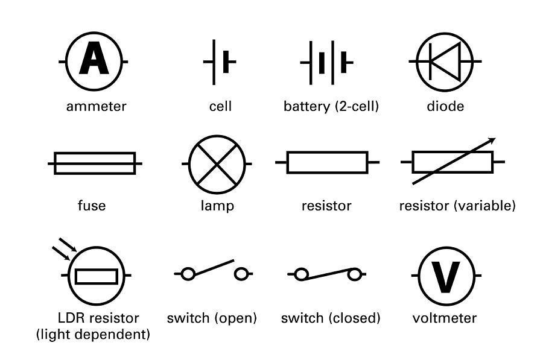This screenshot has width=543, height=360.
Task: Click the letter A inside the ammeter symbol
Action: [x=94, y=60]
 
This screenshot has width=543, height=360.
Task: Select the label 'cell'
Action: [x=220, y=107]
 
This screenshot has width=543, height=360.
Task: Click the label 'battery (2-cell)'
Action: [x=331, y=107]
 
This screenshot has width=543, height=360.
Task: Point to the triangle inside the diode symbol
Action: [x=447, y=61]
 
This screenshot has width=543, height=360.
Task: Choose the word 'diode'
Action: [x=445, y=107]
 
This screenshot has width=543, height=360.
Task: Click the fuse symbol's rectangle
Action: [x=95, y=163]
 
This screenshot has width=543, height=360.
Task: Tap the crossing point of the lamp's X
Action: [x=217, y=163]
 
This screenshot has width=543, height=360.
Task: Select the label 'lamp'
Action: [x=217, y=206]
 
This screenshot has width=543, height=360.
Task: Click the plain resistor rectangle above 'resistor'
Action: [x=327, y=162]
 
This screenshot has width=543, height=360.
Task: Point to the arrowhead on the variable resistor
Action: [x=491, y=141]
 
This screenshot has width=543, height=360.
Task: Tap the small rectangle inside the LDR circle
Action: [x=97, y=276]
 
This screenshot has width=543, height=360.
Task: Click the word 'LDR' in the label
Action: [x=72, y=318]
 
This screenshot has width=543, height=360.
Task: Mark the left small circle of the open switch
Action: [x=188, y=274]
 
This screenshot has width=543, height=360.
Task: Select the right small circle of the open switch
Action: [x=241, y=274]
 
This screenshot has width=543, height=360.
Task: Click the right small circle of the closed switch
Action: [x=354, y=275]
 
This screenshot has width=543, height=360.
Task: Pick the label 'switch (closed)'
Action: [x=331, y=318]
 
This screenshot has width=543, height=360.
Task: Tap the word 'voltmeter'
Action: [x=445, y=318]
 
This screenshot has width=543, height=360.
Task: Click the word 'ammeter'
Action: [x=97, y=107]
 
